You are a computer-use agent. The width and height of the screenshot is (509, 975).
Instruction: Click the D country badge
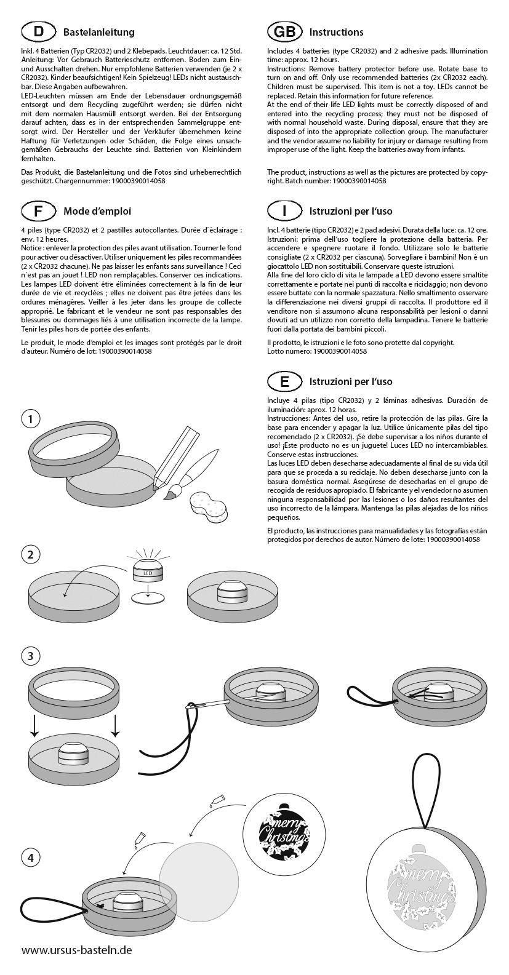point(39,32)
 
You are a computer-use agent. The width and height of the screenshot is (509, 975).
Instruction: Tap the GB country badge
point(284,32)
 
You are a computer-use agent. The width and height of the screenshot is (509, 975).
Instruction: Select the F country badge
point(39,211)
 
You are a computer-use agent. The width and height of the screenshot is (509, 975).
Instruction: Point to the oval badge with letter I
point(284,211)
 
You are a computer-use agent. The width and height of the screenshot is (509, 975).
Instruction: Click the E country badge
point(284,381)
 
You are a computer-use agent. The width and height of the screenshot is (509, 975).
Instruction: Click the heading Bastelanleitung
point(98,32)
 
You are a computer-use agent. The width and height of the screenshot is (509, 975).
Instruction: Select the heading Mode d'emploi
point(97,211)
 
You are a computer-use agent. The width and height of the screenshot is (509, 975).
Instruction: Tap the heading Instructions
point(336,32)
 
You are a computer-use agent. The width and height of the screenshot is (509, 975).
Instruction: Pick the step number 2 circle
point(31,554)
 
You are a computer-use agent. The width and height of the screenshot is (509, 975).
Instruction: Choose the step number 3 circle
point(31,656)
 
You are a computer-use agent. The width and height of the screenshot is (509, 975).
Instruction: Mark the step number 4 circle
point(31,856)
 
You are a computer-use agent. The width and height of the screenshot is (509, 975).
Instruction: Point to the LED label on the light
point(147,573)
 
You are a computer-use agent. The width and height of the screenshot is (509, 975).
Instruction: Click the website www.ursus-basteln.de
point(76,950)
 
